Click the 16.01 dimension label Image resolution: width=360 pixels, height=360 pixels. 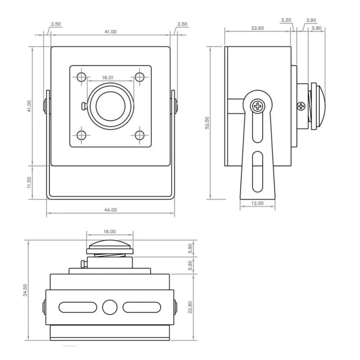(x=108, y=77)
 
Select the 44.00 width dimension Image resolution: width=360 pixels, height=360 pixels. (x=111, y=210)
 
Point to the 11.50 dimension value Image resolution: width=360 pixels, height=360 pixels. (x=30, y=182)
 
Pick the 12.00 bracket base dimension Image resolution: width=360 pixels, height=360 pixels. (x=257, y=203)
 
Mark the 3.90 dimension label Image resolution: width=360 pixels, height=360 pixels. (x=311, y=21)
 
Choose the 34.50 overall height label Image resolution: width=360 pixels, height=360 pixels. (x=25, y=290)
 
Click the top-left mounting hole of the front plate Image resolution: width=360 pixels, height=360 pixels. (x=82, y=77)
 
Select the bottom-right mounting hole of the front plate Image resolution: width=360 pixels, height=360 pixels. (x=140, y=135)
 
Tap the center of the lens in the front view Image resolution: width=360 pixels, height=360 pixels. (x=111, y=106)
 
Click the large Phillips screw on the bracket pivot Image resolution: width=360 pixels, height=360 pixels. (x=258, y=106)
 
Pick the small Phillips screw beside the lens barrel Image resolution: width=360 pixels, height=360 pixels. (x=301, y=105)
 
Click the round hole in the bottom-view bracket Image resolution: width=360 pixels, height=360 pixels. (x=110, y=307)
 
